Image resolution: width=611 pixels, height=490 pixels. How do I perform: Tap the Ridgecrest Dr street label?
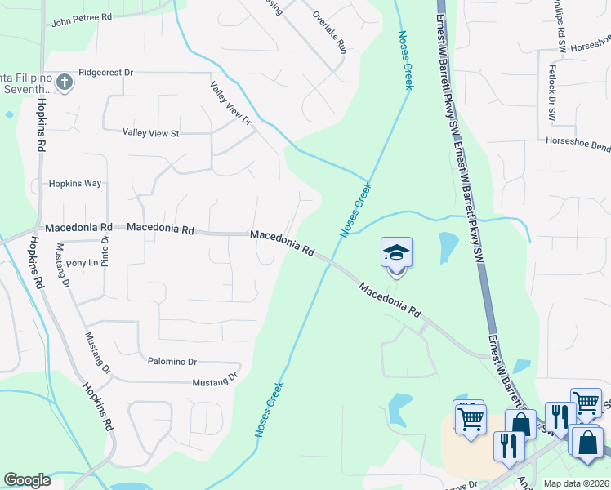105,73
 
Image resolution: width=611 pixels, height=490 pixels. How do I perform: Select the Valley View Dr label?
231,103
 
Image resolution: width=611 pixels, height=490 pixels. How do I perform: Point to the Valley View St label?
150,132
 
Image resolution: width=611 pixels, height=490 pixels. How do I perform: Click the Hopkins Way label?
75,184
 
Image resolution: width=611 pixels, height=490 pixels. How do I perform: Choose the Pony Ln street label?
82,263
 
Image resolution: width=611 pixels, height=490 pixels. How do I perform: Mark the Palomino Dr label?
172,361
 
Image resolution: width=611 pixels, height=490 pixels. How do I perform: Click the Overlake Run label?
330,32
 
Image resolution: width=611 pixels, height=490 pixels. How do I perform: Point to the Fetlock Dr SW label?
552,94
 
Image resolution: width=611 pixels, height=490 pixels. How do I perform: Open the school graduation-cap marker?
396,253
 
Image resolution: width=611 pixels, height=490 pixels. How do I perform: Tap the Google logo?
27,480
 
